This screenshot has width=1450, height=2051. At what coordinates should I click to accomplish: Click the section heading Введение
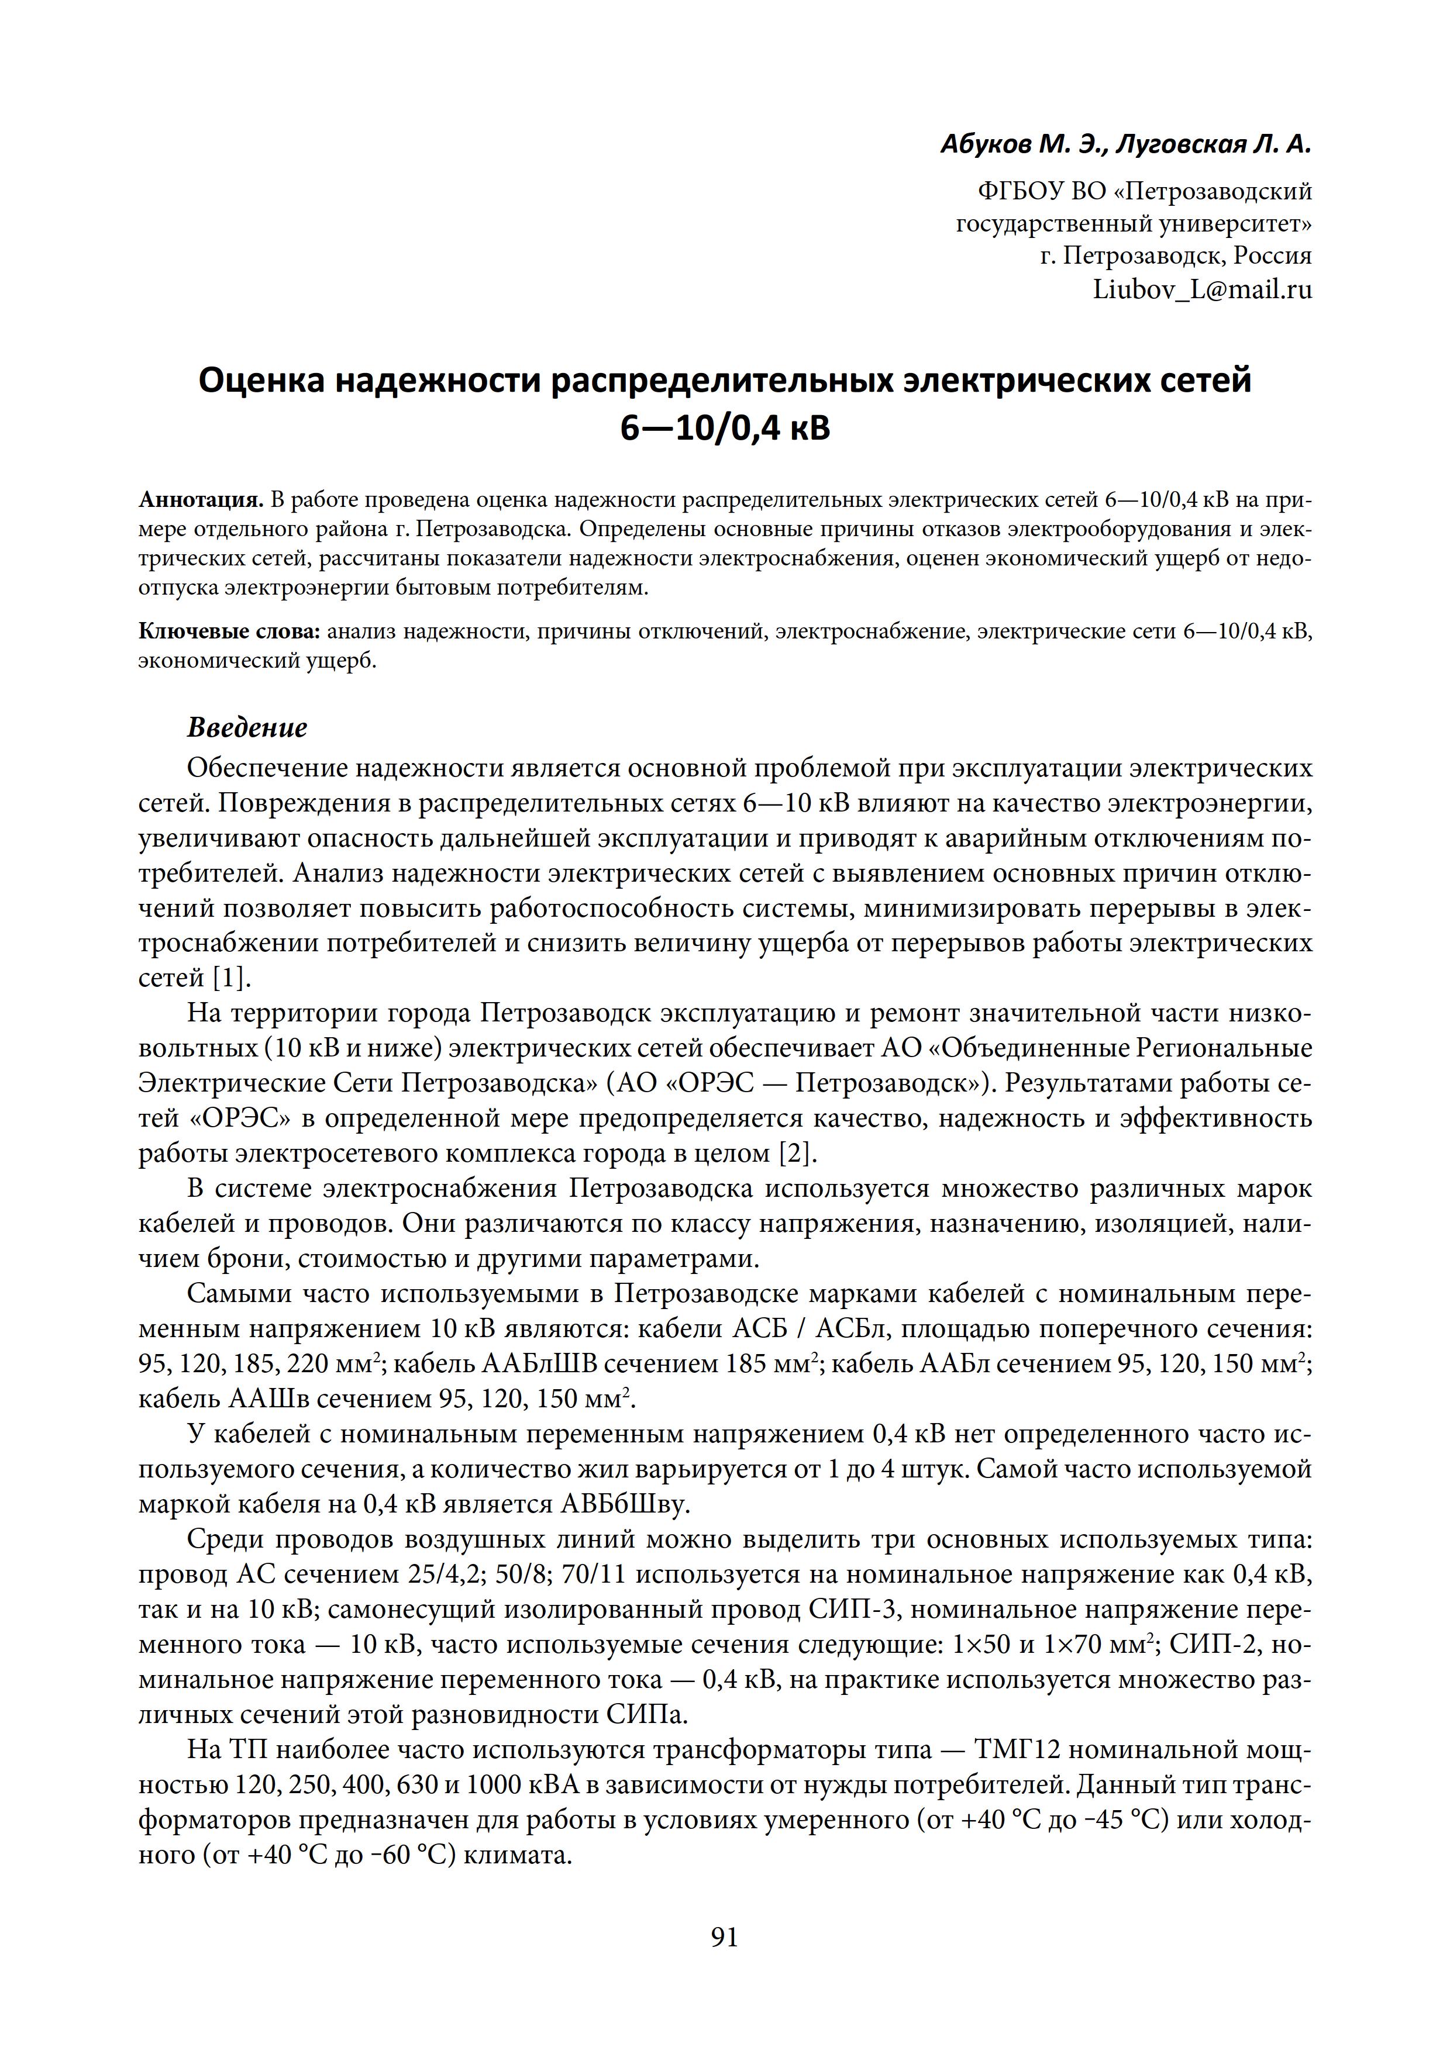pos(247,728)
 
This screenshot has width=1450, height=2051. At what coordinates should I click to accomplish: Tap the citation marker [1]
pos(232,978)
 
